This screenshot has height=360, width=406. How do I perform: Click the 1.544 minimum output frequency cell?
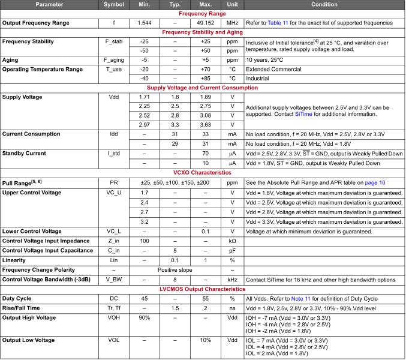(x=145, y=23)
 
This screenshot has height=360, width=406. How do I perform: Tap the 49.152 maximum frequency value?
(x=205, y=23)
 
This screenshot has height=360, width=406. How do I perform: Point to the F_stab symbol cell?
(x=114, y=42)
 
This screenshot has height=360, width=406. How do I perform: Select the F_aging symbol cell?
(x=114, y=60)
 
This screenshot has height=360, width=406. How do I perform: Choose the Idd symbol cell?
(x=114, y=135)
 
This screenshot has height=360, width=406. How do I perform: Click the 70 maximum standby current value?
(x=205, y=154)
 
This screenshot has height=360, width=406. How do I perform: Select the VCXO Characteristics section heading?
(x=203, y=172)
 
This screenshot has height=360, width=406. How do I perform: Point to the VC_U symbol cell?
(x=114, y=193)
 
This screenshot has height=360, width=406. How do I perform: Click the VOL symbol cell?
(x=114, y=340)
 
